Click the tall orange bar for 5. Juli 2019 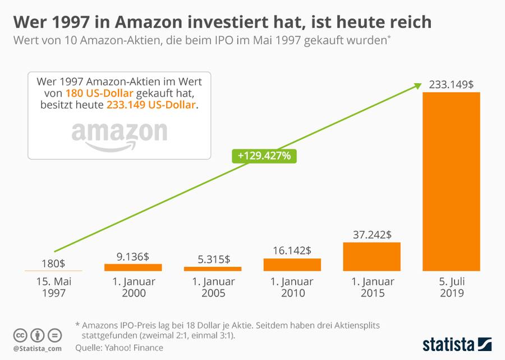click(x=451, y=181)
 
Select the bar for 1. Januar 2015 click(x=371, y=257)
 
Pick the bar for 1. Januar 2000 click(x=133, y=267)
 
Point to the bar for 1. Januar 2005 click(x=213, y=269)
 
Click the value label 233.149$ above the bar click(x=451, y=84)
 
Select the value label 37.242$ click(x=371, y=234)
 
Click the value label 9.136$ click(x=133, y=256)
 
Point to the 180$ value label click(x=54, y=263)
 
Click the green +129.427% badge click(x=264, y=156)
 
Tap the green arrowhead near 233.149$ click(x=417, y=85)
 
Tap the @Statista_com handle click(x=37, y=349)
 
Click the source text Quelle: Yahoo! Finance click(x=119, y=348)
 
